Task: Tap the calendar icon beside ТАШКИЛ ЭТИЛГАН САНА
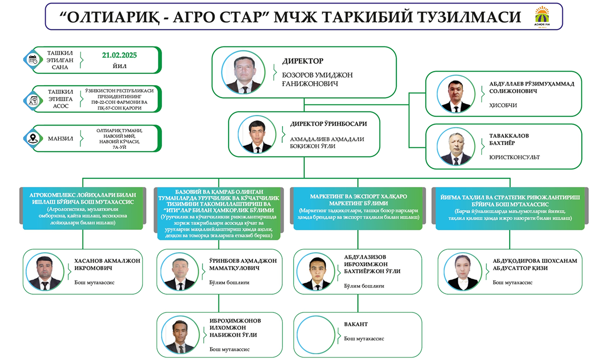point(33,59)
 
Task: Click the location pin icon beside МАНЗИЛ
point(33,138)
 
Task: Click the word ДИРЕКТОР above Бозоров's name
point(302,61)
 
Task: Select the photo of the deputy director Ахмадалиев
point(257,134)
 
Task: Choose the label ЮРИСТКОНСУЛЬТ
point(514,157)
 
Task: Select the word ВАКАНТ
point(356,324)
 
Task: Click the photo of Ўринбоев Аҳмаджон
point(180,271)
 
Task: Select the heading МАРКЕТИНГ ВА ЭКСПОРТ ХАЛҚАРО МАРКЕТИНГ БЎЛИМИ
point(358,199)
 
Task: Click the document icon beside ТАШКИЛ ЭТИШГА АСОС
point(33,98)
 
